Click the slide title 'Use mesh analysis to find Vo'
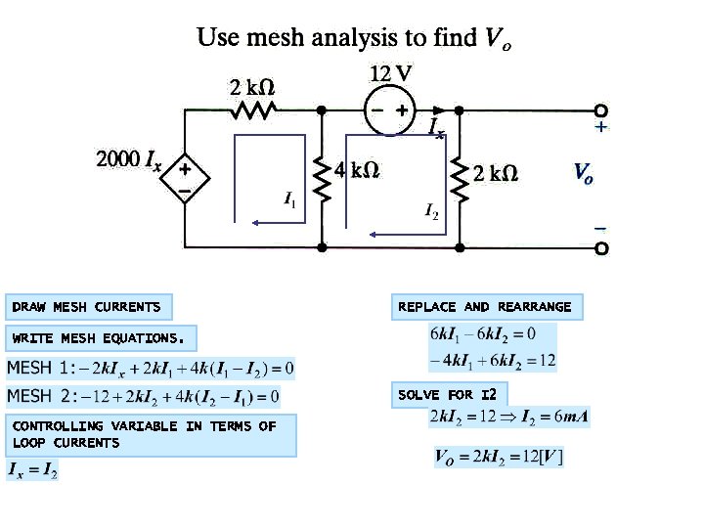click(354, 38)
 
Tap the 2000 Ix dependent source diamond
click(184, 177)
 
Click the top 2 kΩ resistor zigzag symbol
click(254, 110)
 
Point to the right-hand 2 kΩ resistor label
click(495, 173)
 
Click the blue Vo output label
click(583, 174)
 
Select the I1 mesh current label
click(290, 200)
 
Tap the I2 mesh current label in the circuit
click(431, 209)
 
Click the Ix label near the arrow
click(436, 128)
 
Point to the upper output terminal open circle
click(601, 110)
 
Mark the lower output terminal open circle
click(601, 248)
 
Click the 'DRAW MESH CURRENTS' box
click(87, 307)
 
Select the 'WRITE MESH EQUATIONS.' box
click(100, 338)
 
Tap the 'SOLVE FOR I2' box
click(449, 395)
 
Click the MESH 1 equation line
click(151, 369)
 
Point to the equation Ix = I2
click(33, 471)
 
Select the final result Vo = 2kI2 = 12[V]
click(499, 457)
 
